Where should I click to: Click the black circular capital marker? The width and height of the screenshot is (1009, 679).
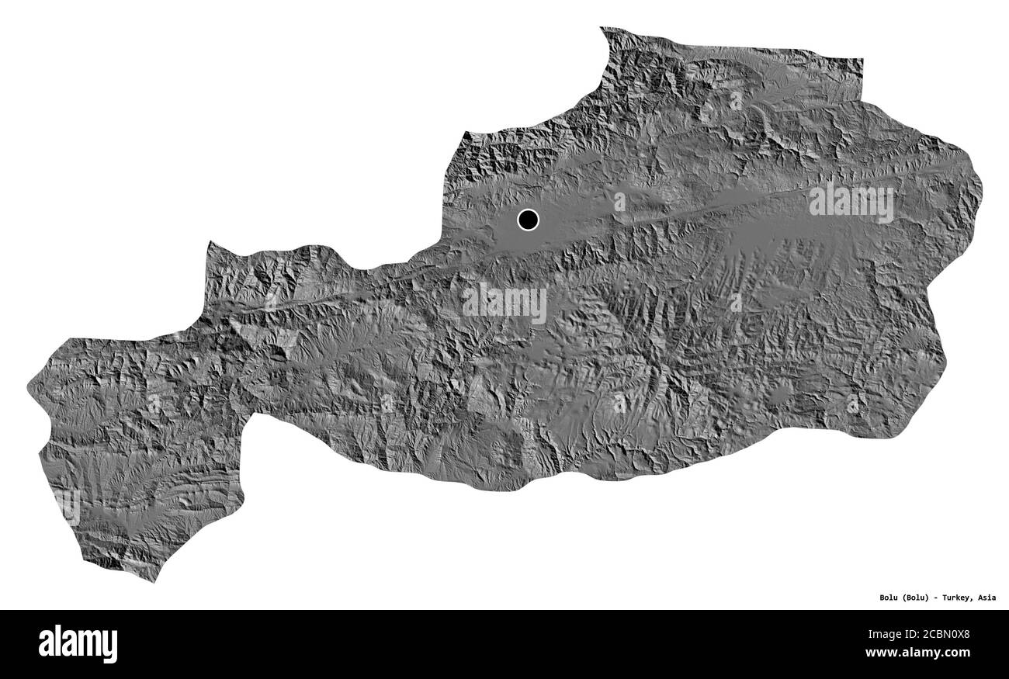(x=528, y=220)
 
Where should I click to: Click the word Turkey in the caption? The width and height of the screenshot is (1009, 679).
(x=959, y=598)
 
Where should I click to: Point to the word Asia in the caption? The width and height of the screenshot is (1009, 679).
(x=987, y=598)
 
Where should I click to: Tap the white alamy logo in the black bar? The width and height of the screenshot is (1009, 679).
(x=78, y=644)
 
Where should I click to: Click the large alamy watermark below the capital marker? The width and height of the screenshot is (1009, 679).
(x=504, y=303)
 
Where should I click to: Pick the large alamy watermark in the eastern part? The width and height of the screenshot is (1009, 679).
(x=851, y=202)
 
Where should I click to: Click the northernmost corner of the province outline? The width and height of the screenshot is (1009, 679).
(x=602, y=29)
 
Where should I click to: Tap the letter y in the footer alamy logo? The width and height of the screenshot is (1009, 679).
(x=110, y=646)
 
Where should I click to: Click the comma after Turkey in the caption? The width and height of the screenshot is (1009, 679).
(x=975, y=601)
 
